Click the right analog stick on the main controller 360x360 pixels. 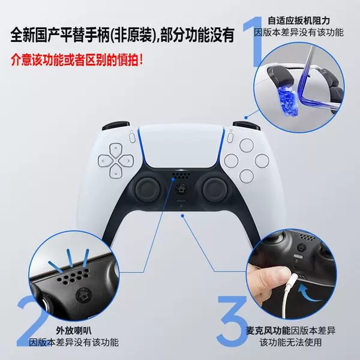pyautogui.click(x=215, y=189)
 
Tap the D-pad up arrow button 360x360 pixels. pyautogui.click(x=115, y=150)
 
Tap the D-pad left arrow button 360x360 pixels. pyautogui.click(x=105, y=160)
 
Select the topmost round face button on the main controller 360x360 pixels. pyautogui.click(x=247, y=145)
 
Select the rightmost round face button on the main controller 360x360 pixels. pyautogui.click(x=262, y=161)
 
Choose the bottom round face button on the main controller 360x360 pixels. pyautogui.click(x=247, y=176)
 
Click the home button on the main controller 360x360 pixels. pyautogui.click(x=181, y=190)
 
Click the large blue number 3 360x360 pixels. pyautogui.click(x=232, y=321)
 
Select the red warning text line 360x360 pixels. pyautogui.click(x=77, y=60)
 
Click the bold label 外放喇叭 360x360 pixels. pyautogui.click(x=73, y=331)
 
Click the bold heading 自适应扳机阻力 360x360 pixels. pyautogui.click(x=299, y=20)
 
